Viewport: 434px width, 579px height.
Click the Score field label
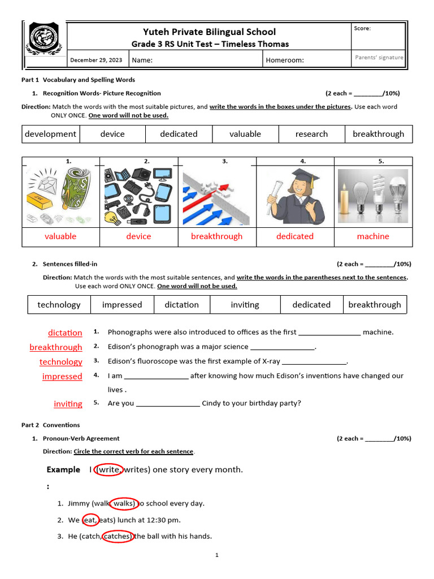pos(362,28)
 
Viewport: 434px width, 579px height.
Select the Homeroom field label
pos(285,60)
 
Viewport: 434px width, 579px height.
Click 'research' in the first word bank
pos(311,134)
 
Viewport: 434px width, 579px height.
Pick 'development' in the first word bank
pos(50,134)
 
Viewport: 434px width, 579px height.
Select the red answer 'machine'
pos(373,236)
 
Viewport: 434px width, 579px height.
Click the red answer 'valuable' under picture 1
pos(60,236)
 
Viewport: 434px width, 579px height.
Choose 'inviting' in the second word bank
pos(245,305)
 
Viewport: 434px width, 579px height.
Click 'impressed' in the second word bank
pos(122,305)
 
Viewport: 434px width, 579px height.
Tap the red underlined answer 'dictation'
pos(65,333)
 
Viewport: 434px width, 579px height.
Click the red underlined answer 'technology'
pos(60,362)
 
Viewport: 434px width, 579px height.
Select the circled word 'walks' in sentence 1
pos(124,503)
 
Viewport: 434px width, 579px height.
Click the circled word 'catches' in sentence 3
pos(118,536)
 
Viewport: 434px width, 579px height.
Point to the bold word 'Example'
pos(63,470)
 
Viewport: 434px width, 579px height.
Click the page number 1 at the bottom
pos(216,555)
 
